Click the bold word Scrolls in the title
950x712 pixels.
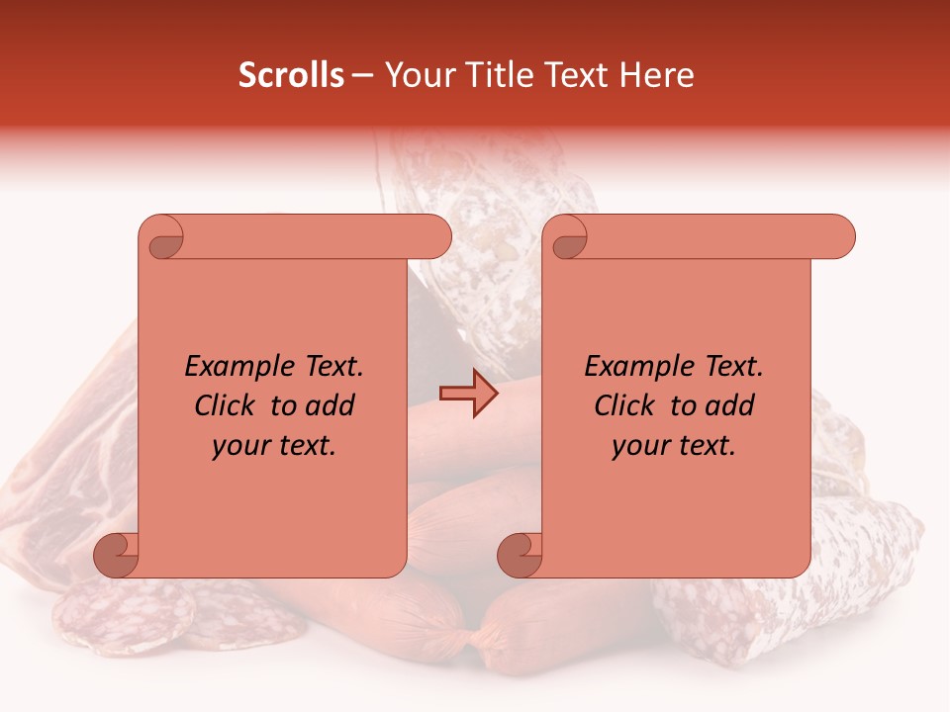click(x=292, y=75)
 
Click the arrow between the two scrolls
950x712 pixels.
click(x=469, y=393)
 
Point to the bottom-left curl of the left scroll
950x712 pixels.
click(x=117, y=555)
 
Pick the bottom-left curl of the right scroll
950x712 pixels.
click(x=521, y=555)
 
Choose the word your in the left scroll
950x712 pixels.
click(x=239, y=446)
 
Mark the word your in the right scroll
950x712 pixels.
click(x=639, y=446)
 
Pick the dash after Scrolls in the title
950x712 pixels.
click(x=362, y=76)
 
